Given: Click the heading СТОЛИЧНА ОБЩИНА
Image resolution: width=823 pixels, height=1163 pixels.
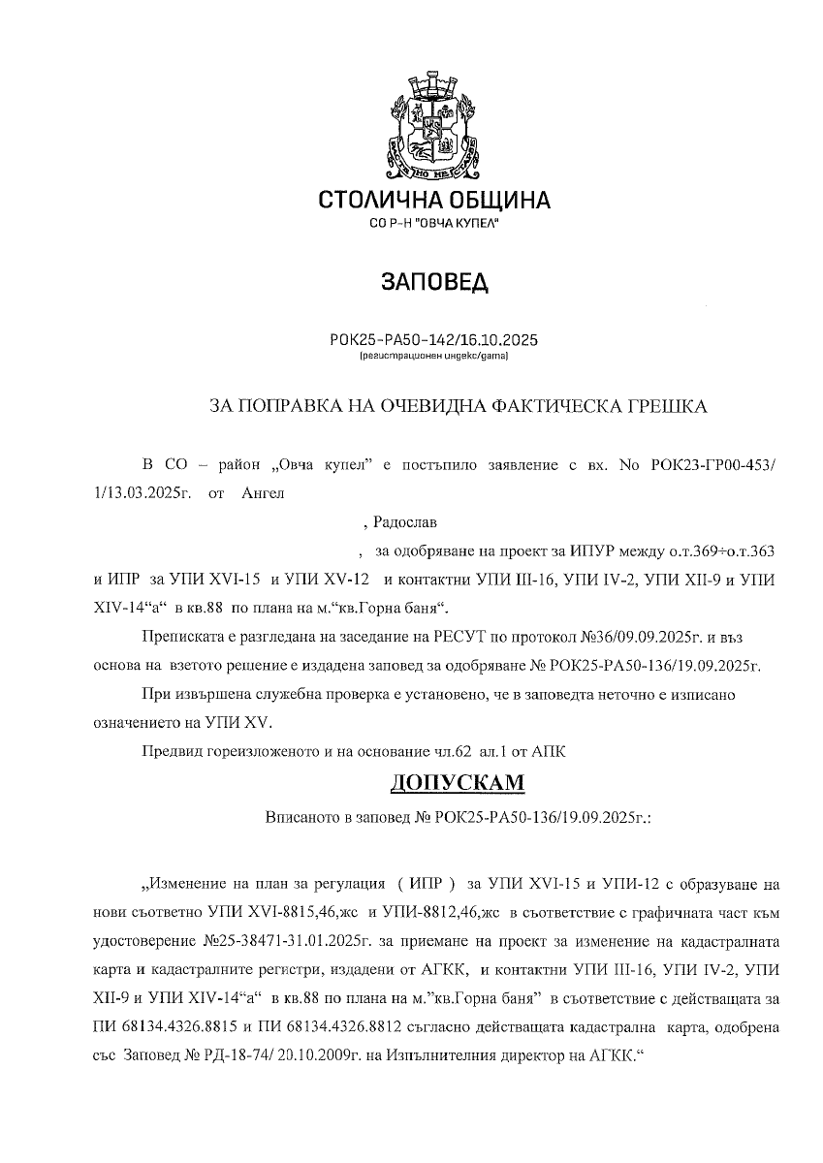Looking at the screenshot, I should point(434,201).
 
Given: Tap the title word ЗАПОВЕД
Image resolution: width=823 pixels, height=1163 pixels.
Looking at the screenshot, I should point(434,282).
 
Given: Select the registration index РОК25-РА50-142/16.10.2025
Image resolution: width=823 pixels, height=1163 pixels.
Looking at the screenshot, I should point(433,341).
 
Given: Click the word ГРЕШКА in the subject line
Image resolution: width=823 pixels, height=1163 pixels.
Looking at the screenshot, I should point(664,406).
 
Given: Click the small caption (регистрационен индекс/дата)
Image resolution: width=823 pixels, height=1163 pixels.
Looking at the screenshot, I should point(433,357).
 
